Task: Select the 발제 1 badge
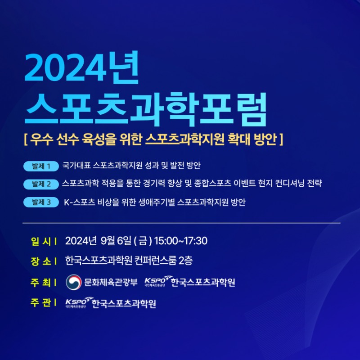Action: point(41,166)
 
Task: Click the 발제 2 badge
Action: point(41,184)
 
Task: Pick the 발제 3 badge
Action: point(41,202)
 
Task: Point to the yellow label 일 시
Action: point(43,241)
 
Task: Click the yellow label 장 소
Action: point(43,261)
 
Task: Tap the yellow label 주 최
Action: point(43,283)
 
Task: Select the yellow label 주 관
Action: point(43,303)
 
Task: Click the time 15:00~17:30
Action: point(181,241)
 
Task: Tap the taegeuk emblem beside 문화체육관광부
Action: point(74,282)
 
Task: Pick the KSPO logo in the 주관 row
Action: point(78,302)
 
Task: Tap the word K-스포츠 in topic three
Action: point(80,202)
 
